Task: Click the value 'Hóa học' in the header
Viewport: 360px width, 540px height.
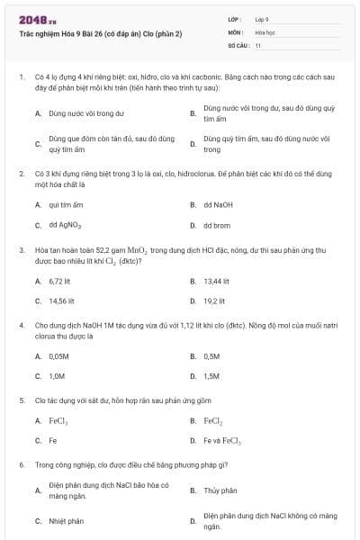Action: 265,31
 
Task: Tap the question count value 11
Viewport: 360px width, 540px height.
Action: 258,44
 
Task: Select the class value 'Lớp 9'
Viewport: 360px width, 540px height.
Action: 262,19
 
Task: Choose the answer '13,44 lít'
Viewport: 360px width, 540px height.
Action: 217,281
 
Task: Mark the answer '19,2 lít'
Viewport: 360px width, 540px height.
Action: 214,301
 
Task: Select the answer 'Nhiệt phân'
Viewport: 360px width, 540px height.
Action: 66,521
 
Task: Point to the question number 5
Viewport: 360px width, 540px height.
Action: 21,400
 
